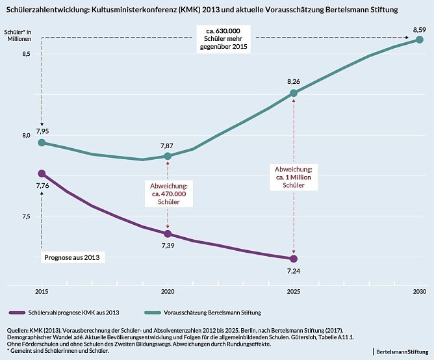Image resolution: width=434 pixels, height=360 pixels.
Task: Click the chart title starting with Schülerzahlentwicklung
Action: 201,11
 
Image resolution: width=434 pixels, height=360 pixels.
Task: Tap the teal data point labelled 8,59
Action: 420,40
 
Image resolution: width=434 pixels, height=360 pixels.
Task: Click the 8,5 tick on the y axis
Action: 27,54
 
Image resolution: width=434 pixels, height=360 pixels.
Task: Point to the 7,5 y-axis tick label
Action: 27,216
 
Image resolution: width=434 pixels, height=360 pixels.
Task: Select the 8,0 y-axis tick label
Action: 27,135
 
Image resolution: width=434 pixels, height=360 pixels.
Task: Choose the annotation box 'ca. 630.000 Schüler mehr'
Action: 223,39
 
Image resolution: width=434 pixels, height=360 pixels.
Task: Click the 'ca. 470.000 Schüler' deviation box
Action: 168,193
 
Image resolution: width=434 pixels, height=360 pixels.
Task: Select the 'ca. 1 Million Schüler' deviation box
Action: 294,177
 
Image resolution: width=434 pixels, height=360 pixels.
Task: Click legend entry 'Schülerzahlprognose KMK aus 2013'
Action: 71,313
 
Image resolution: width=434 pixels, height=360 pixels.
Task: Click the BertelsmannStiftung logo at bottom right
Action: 402,351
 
